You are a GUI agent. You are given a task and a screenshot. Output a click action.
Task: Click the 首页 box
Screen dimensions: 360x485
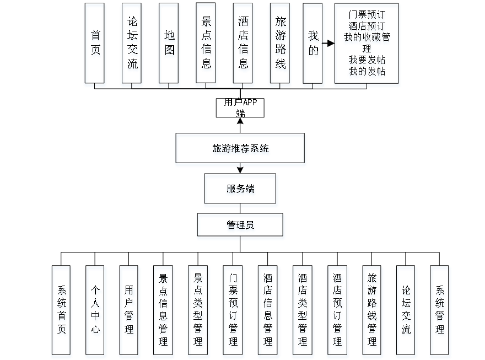[96, 45]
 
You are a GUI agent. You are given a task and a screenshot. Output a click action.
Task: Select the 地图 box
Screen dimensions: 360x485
[169, 45]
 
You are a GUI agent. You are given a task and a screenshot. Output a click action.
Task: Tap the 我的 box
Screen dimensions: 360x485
[314, 45]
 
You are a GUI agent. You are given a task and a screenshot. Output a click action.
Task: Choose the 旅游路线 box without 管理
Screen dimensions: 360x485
[281, 45]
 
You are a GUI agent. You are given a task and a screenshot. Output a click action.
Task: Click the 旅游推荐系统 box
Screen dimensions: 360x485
[240, 149]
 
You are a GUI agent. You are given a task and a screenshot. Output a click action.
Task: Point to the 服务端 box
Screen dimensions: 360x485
[240, 190]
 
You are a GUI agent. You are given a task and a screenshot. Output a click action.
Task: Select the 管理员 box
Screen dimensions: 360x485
[240, 227]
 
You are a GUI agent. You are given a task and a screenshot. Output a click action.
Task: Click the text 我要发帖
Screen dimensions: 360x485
[367, 61]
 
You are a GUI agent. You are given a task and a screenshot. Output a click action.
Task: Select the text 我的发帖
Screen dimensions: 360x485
[367, 72]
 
